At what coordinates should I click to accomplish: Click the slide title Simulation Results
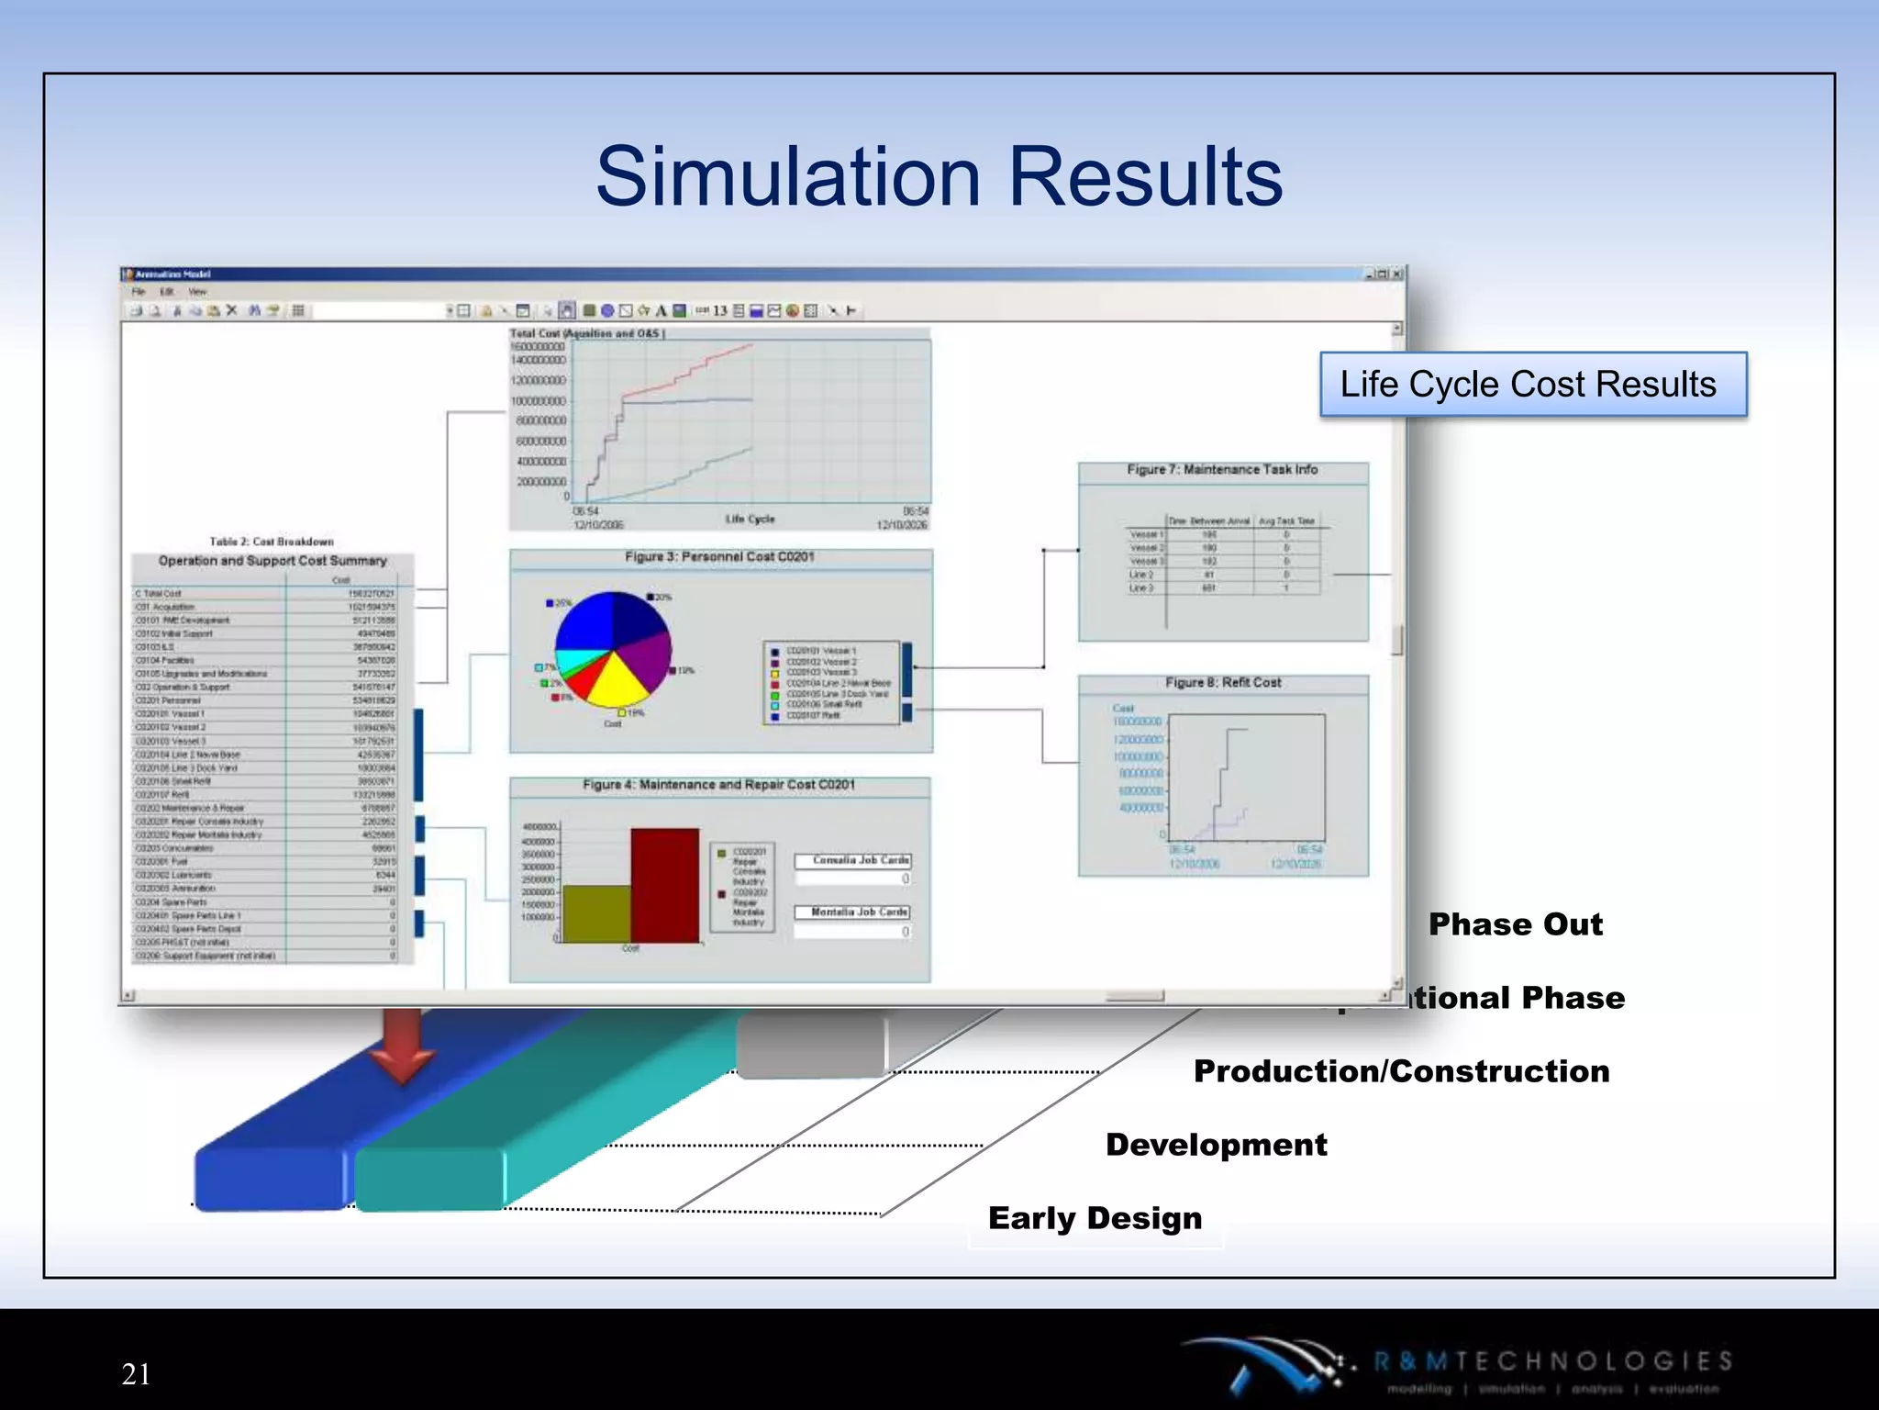[x=939, y=176]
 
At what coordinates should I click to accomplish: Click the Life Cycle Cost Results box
[x=1532, y=385]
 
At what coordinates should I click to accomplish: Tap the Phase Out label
[x=1515, y=923]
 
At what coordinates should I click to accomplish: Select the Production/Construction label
[x=1401, y=1071]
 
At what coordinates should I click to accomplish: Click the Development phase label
[x=1216, y=1145]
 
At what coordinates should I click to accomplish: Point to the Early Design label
[x=1095, y=1218]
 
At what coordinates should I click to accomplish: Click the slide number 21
[x=136, y=1373]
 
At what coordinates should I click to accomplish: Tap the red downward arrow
[x=402, y=1046]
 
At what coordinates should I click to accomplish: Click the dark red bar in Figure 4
[x=665, y=886]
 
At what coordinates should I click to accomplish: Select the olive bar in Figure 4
[x=596, y=913]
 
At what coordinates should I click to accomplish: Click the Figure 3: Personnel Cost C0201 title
[x=719, y=557]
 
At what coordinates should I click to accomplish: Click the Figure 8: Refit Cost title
[x=1223, y=683]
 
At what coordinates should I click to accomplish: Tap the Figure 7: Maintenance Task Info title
[x=1222, y=470]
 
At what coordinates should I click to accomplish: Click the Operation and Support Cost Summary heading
[x=272, y=561]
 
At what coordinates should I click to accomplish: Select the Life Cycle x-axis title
[x=750, y=519]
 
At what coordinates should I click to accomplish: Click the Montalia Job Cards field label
[x=859, y=912]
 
